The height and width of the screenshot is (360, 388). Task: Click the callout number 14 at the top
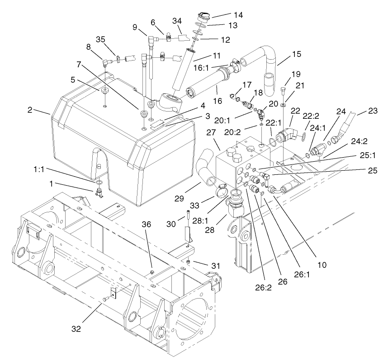coord(238,15)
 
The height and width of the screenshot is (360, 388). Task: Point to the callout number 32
coord(76,328)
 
